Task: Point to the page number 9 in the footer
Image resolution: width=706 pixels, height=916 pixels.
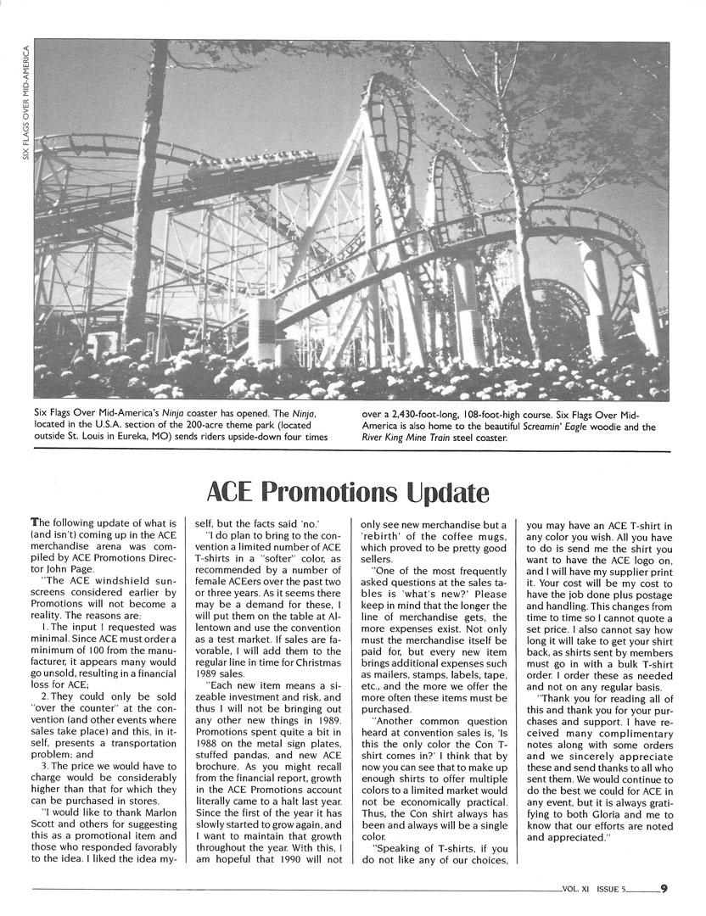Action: point(664,889)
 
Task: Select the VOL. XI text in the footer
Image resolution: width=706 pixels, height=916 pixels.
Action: point(576,890)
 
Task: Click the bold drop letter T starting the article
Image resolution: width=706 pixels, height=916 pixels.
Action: point(34,524)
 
